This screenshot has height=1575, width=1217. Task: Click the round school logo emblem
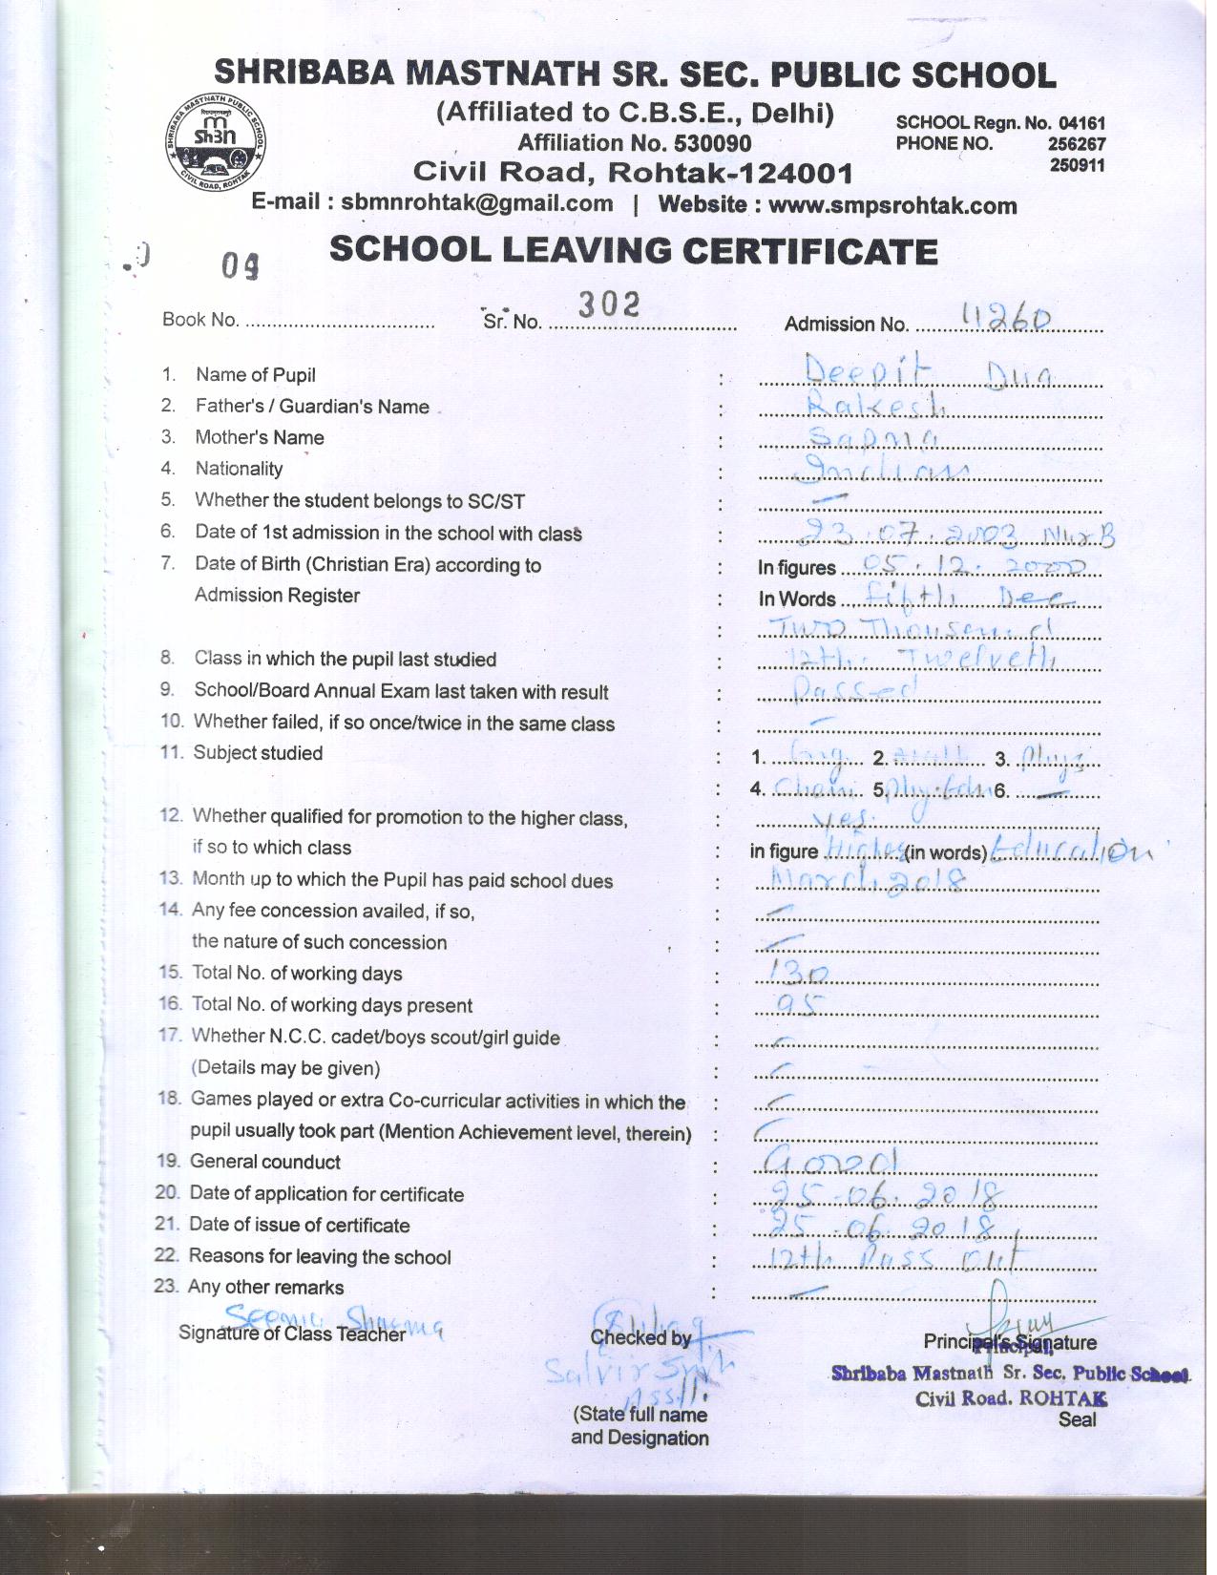(215, 142)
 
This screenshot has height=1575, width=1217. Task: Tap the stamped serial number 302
(608, 304)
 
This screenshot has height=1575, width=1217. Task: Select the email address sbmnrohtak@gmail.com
(477, 203)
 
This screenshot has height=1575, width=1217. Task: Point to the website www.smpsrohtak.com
(892, 205)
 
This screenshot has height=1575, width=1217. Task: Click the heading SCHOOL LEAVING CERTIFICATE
(634, 251)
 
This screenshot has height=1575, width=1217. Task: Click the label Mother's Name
(260, 437)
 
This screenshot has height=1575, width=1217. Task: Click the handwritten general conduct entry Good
(830, 1161)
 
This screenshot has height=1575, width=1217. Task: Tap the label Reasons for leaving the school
(320, 1256)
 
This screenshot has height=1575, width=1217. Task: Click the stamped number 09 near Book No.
(240, 265)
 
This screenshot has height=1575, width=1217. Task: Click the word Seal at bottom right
(1077, 1419)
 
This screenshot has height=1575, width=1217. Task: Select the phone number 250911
(1077, 165)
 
